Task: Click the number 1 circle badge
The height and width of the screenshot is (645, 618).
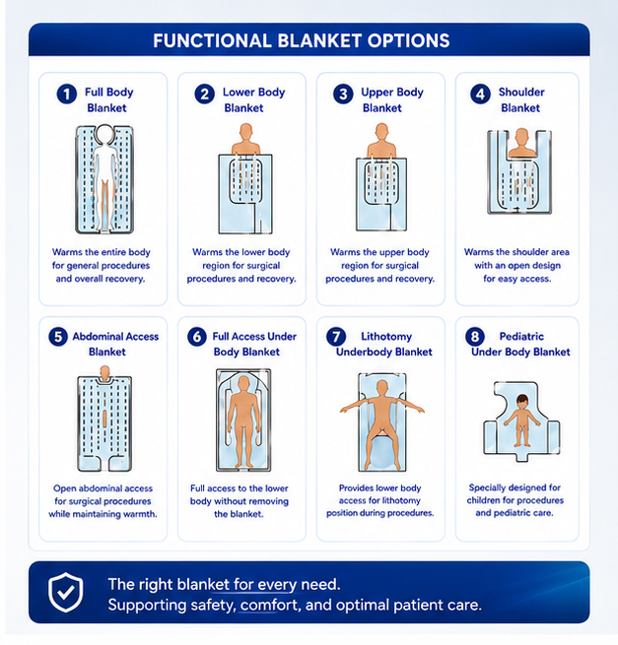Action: click(67, 94)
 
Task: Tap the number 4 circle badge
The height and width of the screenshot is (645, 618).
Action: click(480, 94)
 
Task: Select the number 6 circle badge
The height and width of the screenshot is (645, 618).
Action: click(197, 337)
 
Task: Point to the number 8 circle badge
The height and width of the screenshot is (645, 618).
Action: click(475, 337)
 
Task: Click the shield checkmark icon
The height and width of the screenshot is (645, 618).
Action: click(65, 593)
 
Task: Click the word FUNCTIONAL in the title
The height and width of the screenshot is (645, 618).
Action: click(212, 40)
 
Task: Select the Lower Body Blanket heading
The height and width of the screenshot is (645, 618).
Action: click(253, 100)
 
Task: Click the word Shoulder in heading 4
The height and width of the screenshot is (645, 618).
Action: click(521, 93)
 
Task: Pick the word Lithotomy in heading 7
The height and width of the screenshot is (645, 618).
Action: click(386, 337)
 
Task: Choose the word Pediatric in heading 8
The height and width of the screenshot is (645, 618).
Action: click(521, 337)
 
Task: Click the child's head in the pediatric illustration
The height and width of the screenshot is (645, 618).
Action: click(522, 400)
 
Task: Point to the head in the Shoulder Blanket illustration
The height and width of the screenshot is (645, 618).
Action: click(521, 136)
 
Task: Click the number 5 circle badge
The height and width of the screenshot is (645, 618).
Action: click(58, 337)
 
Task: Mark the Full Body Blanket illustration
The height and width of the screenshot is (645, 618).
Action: click(104, 179)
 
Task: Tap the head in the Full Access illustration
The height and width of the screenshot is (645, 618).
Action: click(243, 382)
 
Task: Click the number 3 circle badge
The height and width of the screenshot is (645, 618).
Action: click(343, 94)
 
